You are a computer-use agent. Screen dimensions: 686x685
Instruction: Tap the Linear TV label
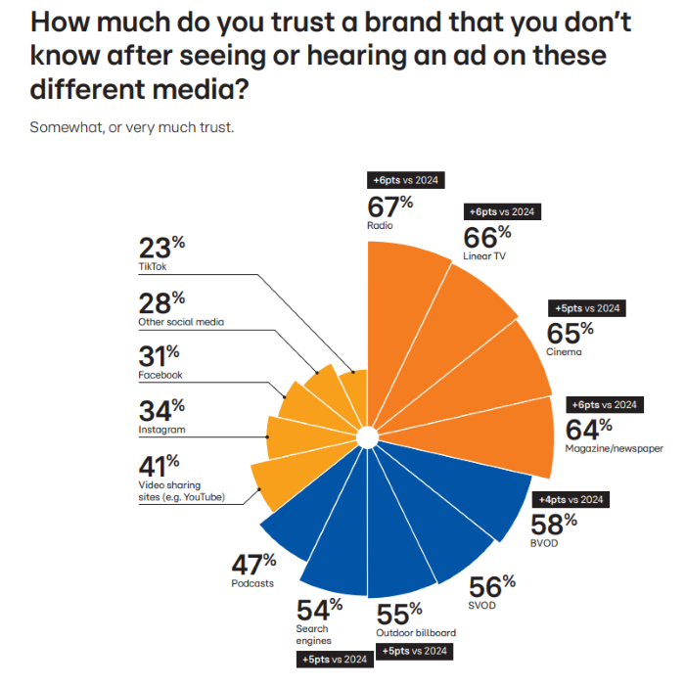tap(485, 256)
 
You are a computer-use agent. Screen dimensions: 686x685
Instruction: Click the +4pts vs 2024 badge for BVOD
tap(569, 499)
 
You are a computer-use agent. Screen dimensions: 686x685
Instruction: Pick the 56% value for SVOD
tap(491, 586)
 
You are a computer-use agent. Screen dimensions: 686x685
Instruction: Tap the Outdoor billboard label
tap(416, 632)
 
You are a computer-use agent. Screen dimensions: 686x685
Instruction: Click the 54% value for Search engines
tap(320, 609)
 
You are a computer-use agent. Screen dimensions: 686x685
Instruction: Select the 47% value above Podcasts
tap(253, 564)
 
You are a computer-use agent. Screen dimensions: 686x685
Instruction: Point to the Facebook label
tap(160, 375)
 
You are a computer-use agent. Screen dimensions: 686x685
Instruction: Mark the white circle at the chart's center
tap(367, 436)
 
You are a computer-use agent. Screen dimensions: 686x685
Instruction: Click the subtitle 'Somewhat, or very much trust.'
tap(131, 127)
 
